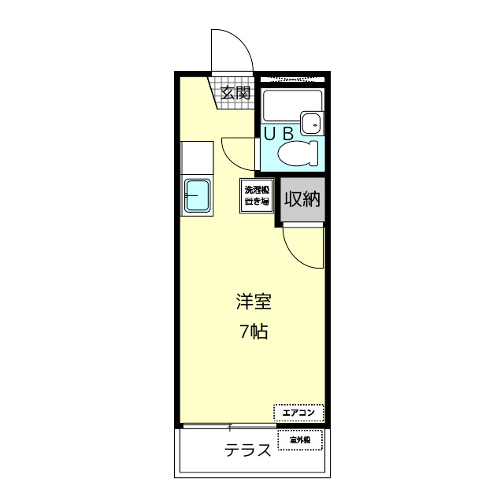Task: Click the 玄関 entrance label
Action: [x=235, y=93]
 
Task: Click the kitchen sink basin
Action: [x=196, y=197]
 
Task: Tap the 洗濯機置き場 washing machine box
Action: [x=256, y=195]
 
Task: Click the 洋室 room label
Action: [x=254, y=302]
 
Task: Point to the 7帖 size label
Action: [x=254, y=332]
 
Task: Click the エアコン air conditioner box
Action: [x=298, y=413]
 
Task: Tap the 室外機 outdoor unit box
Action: [x=300, y=439]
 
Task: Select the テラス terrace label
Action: [x=248, y=450]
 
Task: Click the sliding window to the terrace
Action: [x=229, y=427]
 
